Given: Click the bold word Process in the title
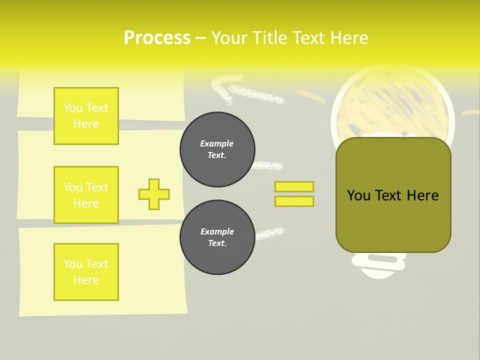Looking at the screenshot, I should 157,38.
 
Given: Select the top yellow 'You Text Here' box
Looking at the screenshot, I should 86,116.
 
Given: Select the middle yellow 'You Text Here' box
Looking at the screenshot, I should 86,195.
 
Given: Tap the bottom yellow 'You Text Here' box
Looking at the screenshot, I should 86,272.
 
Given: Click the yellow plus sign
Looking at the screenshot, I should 154,194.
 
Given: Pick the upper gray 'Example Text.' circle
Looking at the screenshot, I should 217,149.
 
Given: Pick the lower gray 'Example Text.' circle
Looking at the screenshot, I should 217,237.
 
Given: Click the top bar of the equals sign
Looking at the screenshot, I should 294,186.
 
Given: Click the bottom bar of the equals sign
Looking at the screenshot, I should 294,201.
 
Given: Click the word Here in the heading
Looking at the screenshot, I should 348,38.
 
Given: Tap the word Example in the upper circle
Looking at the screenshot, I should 216,143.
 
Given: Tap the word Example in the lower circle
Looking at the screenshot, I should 217,231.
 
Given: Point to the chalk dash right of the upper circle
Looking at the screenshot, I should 268,165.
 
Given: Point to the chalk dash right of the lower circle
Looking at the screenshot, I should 269,233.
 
